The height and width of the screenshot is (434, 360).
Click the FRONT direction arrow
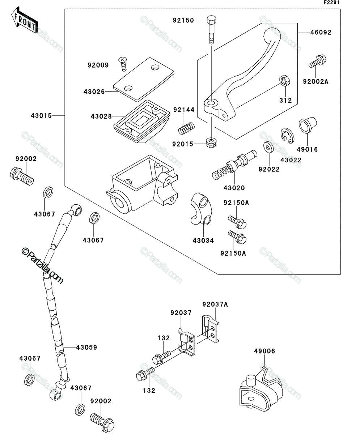[x=25, y=20]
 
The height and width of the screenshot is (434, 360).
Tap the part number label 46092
[x=321, y=33]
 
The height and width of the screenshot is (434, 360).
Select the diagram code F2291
[x=331, y=3]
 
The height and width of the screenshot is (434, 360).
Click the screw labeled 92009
[x=123, y=64]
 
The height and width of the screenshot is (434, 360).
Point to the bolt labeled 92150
[x=211, y=29]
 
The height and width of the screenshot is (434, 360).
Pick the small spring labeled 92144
[x=186, y=128]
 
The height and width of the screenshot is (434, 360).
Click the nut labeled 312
[x=285, y=81]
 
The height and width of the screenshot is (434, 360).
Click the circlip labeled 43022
[x=287, y=136]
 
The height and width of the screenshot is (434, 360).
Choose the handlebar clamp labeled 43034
[x=201, y=209]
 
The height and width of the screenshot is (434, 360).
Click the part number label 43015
[x=41, y=116]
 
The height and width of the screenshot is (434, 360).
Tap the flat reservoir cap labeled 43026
[x=144, y=80]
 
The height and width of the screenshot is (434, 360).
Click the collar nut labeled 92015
[x=211, y=143]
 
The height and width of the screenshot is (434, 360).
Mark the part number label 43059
[x=86, y=347]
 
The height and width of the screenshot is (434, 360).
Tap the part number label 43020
[x=234, y=188]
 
